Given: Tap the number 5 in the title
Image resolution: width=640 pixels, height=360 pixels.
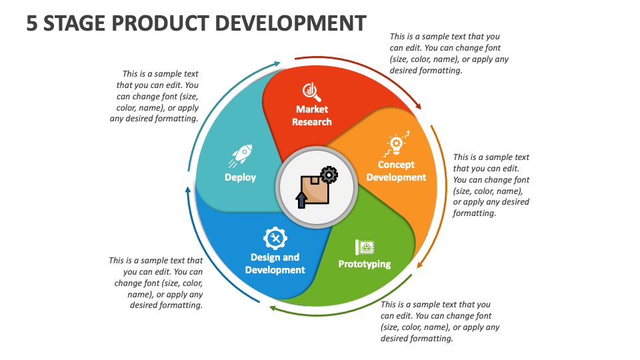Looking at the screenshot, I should tap(32, 23).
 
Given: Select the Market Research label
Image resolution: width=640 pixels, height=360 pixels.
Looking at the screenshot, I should tap(312, 115).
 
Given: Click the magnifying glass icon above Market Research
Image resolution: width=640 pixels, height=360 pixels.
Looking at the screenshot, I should tap(311, 90).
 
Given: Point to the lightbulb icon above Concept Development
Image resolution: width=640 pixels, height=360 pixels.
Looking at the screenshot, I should tap(397, 143).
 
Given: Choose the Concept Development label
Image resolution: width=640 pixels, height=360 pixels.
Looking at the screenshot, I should tap(396, 171).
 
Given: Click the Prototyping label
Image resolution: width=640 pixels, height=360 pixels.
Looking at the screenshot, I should tap(365, 264).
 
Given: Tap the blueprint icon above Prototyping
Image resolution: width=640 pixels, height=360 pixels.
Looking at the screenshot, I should tap(365, 247).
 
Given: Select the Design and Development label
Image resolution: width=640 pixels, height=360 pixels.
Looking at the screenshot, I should tap(275, 263).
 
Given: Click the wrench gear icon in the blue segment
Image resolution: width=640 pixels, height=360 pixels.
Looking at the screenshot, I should tap(275, 237).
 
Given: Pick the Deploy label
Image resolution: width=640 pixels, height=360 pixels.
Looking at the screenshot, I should tap(240, 177).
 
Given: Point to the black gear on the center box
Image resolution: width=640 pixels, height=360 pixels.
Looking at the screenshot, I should tap(329, 175).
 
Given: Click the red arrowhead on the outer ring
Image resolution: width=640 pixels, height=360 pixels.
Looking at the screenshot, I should tap(418, 105).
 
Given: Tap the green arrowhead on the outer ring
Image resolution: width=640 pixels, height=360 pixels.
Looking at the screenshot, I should tap(273, 307).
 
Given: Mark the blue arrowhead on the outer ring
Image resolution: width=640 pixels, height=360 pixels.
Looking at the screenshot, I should tap(187, 191).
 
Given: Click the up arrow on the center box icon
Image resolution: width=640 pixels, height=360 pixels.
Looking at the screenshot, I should tap(301, 198).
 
